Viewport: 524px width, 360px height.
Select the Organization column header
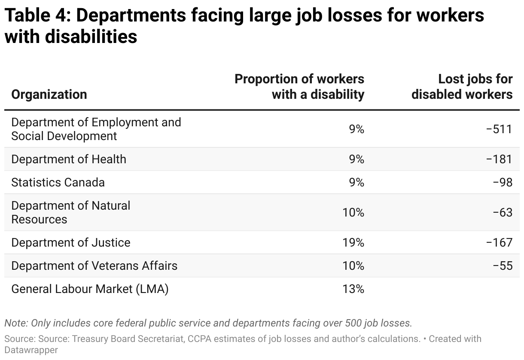[x=49, y=94]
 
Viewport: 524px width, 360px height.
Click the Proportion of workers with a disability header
[x=299, y=86]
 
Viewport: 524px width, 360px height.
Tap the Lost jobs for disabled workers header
[x=462, y=86]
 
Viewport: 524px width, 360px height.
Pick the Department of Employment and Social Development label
[x=96, y=129]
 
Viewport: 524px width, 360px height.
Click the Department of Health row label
[x=69, y=159]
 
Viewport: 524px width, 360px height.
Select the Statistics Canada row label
[x=58, y=183]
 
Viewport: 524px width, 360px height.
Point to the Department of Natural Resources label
[x=70, y=212]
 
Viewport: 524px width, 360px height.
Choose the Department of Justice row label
[x=71, y=243]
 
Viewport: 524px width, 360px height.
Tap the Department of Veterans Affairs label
[x=94, y=266]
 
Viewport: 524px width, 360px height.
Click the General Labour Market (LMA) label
[x=90, y=289]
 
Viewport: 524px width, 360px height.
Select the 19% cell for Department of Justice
[x=353, y=243]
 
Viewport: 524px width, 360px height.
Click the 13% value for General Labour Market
[x=353, y=289]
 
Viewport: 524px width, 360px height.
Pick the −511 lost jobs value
[x=499, y=129]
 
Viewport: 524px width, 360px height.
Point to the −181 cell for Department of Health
[x=499, y=159]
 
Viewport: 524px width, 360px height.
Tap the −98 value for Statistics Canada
[x=503, y=183]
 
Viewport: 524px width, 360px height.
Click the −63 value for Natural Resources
[x=503, y=212]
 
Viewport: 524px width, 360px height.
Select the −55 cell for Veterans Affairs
[x=503, y=266]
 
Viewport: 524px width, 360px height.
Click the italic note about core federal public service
[x=208, y=323]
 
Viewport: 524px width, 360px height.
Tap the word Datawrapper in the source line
[x=31, y=350]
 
